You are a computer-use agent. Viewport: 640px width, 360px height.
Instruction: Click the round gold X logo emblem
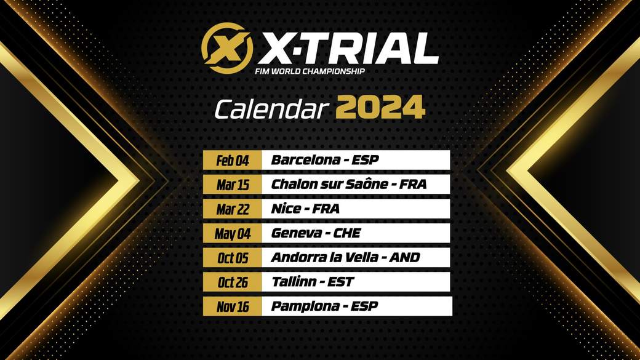tap(227, 48)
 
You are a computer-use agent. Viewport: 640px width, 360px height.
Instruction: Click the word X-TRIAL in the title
tap(348, 49)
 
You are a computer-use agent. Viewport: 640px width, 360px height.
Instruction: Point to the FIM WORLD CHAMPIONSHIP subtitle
tap(310, 71)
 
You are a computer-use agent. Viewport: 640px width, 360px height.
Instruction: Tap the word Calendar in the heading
tap(271, 110)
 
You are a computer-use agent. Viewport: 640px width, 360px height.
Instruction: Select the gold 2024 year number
tap(380, 108)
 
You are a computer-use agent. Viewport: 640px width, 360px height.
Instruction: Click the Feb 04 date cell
tap(232, 160)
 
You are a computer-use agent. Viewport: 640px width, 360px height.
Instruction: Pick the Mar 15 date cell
tap(232, 185)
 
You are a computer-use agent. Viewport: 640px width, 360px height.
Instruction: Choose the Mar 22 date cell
tap(232, 209)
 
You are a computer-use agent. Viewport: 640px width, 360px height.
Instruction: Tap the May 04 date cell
tap(232, 233)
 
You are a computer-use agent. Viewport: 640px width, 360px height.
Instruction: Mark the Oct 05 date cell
tap(232, 258)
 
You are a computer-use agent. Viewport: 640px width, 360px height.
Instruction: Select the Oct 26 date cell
tap(232, 282)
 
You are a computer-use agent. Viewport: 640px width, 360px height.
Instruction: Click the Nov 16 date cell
tap(232, 306)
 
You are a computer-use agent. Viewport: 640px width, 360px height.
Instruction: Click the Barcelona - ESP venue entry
tap(325, 159)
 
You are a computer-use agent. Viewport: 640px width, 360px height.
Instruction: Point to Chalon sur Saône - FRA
tap(348, 184)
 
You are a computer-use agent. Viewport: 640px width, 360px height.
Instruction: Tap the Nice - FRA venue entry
tap(305, 209)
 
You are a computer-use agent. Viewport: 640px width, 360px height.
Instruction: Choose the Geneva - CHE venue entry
tap(316, 233)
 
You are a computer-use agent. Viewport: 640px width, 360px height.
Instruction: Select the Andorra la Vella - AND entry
tap(345, 258)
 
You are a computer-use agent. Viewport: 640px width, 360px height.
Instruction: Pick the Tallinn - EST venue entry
tap(313, 282)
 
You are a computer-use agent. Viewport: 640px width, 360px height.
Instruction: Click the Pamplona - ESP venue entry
tap(324, 306)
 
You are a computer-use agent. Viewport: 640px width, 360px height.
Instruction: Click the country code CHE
tap(347, 233)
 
